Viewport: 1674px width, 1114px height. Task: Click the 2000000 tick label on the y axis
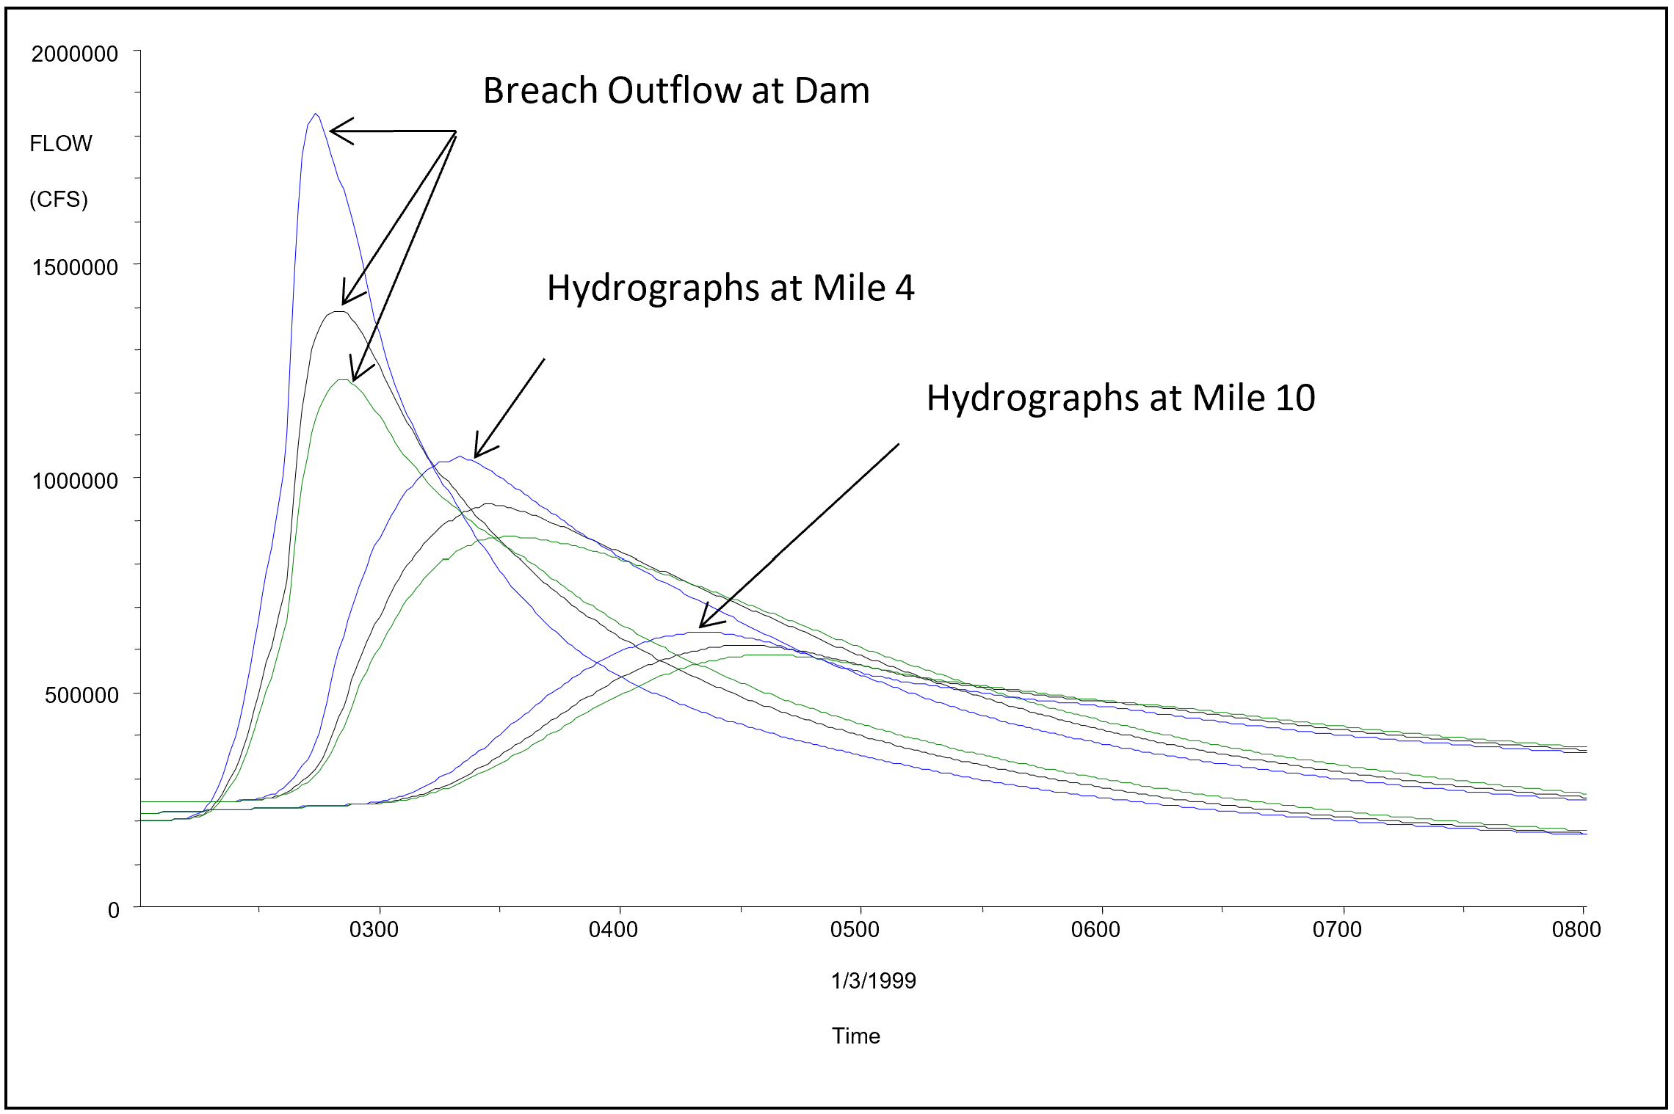click(74, 54)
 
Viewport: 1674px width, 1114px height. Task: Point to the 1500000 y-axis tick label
click(75, 267)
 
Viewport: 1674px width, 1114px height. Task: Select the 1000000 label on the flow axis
click(75, 481)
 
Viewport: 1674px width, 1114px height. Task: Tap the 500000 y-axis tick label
click(81, 695)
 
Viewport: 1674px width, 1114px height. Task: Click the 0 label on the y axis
click(114, 910)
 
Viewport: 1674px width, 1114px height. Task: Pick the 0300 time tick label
click(374, 930)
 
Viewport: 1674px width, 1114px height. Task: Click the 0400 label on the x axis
click(613, 930)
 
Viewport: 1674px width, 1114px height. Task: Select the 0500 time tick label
click(855, 930)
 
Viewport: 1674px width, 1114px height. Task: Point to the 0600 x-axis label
click(1095, 930)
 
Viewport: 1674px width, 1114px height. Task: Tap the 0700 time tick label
click(1337, 930)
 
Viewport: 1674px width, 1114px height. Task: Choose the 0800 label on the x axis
click(1576, 930)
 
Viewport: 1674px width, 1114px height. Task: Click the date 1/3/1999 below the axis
click(873, 981)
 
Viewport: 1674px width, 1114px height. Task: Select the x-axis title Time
click(855, 1036)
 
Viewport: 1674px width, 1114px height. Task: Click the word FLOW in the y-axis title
click(61, 144)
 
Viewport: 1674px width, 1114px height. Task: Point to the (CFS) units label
click(59, 200)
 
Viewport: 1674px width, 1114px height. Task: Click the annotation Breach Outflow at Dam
click(676, 91)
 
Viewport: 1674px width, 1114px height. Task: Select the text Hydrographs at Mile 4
click(731, 288)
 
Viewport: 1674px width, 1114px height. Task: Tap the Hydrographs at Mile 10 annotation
click(1120, 398)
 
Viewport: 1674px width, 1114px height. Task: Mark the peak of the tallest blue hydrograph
click(315, 114)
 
